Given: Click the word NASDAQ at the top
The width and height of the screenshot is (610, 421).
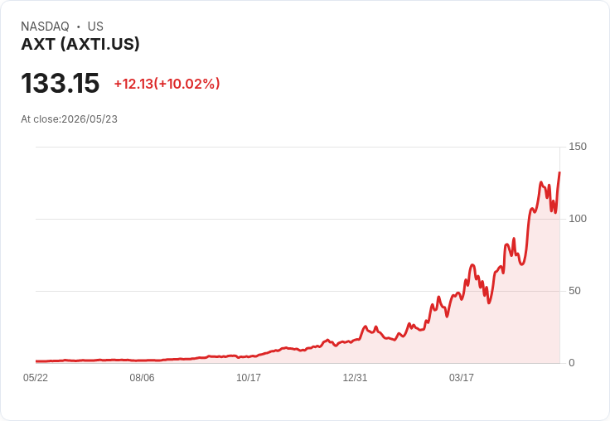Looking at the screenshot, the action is (x=45, y=27).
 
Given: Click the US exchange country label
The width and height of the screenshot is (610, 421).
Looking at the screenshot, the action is (x=95, y=27).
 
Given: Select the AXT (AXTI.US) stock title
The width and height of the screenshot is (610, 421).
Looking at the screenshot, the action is (x=80, y=45).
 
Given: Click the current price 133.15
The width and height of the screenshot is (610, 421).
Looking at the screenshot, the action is (x=61, y=83).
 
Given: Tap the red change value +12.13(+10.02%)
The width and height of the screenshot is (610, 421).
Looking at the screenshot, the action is (x=167, y=84).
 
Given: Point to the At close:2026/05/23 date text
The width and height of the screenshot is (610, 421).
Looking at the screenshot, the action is (x=70, y=119).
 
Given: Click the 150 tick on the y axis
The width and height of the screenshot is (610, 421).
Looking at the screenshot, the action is (x=578, y=147).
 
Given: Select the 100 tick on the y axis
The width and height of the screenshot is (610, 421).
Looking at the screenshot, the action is (x=578, y=219).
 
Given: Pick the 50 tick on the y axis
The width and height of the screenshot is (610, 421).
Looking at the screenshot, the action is (x=574, y=291).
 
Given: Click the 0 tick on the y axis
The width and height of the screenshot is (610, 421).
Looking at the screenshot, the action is (x=572, y=363).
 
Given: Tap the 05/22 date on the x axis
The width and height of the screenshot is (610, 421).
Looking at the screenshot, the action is (x=36, y=377).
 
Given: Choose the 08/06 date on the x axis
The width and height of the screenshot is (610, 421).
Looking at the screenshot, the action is (x=142, y=377).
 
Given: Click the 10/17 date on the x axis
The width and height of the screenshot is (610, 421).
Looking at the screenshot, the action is (x=249, y=377).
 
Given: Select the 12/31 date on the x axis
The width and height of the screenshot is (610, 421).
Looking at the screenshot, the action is (x=355, y=377).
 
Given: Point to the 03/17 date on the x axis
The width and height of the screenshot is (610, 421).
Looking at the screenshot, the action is (x=462, y=377).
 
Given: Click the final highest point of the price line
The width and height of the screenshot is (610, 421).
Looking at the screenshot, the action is (x=559, y=172).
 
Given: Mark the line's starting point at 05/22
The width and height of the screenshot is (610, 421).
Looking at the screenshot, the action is (x=36, y=361).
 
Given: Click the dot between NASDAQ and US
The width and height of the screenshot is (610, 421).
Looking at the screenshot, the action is (x=79, y=27).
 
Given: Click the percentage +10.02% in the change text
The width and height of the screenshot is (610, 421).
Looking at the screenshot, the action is (x=188, y=84).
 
